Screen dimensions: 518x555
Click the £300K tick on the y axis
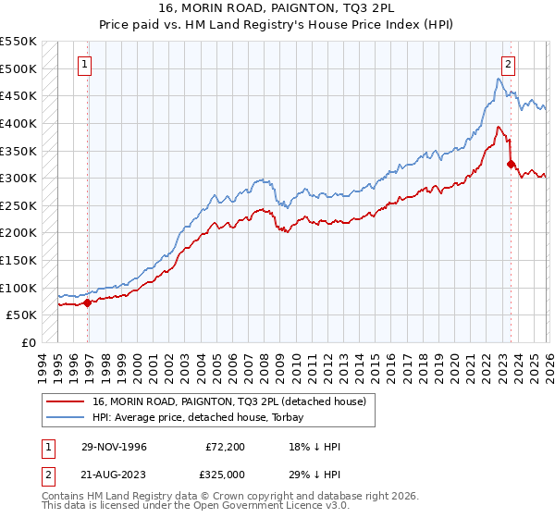(x=18, y=178)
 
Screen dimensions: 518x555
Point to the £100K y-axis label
(x=18, y=288)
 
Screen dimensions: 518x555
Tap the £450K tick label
(x=18, y=95)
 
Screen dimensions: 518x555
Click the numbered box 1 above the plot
(x=84, y=65)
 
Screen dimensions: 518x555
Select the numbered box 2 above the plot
(x=509, y=65)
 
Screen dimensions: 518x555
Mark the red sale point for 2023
(x=511, y=164)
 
